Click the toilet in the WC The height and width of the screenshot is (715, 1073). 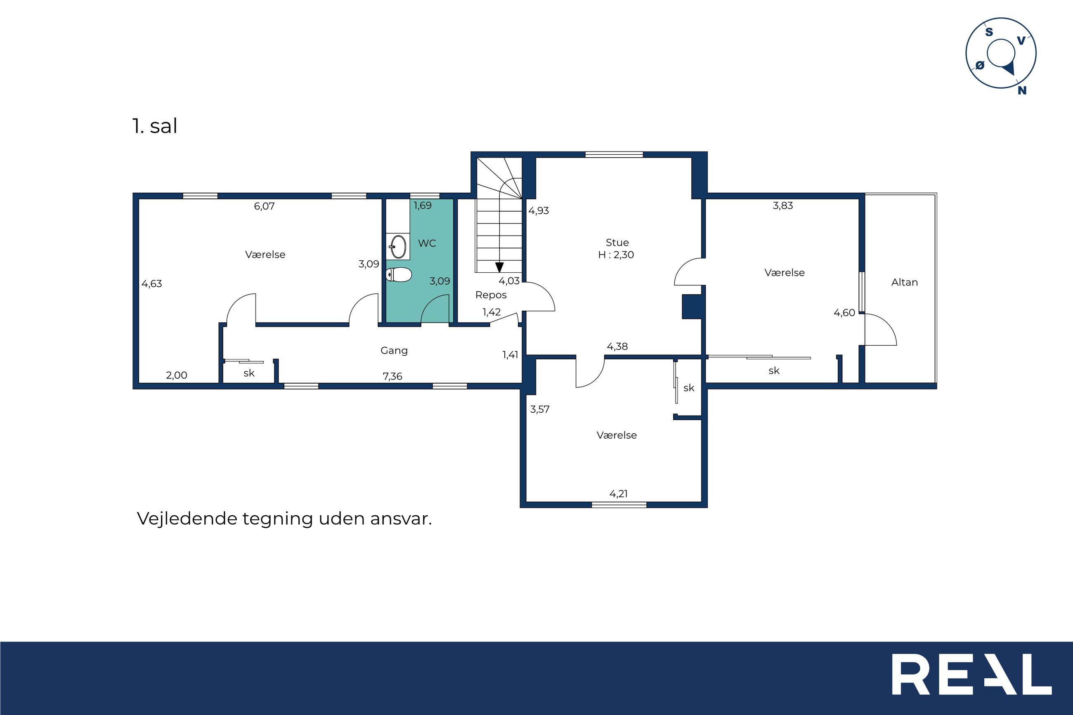399,274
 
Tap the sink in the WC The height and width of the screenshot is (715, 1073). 398,247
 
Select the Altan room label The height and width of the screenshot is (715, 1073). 904,282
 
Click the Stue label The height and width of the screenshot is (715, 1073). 617,243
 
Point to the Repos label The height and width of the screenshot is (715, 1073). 491,295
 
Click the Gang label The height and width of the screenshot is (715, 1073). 394,351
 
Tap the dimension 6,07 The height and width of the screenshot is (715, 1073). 264,206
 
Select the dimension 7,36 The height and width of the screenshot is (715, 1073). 392,376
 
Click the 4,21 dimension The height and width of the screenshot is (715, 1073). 618,493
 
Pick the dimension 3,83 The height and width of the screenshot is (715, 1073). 782,205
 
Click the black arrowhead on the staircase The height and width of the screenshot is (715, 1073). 499,267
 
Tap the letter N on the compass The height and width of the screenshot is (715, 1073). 1022,90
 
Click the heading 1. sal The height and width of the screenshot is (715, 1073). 155,126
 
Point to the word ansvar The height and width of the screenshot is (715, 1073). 401,519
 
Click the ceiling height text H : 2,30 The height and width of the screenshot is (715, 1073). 616,255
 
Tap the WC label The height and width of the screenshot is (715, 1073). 427,243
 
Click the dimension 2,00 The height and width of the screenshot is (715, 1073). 177,375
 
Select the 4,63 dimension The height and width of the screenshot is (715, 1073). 151,283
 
